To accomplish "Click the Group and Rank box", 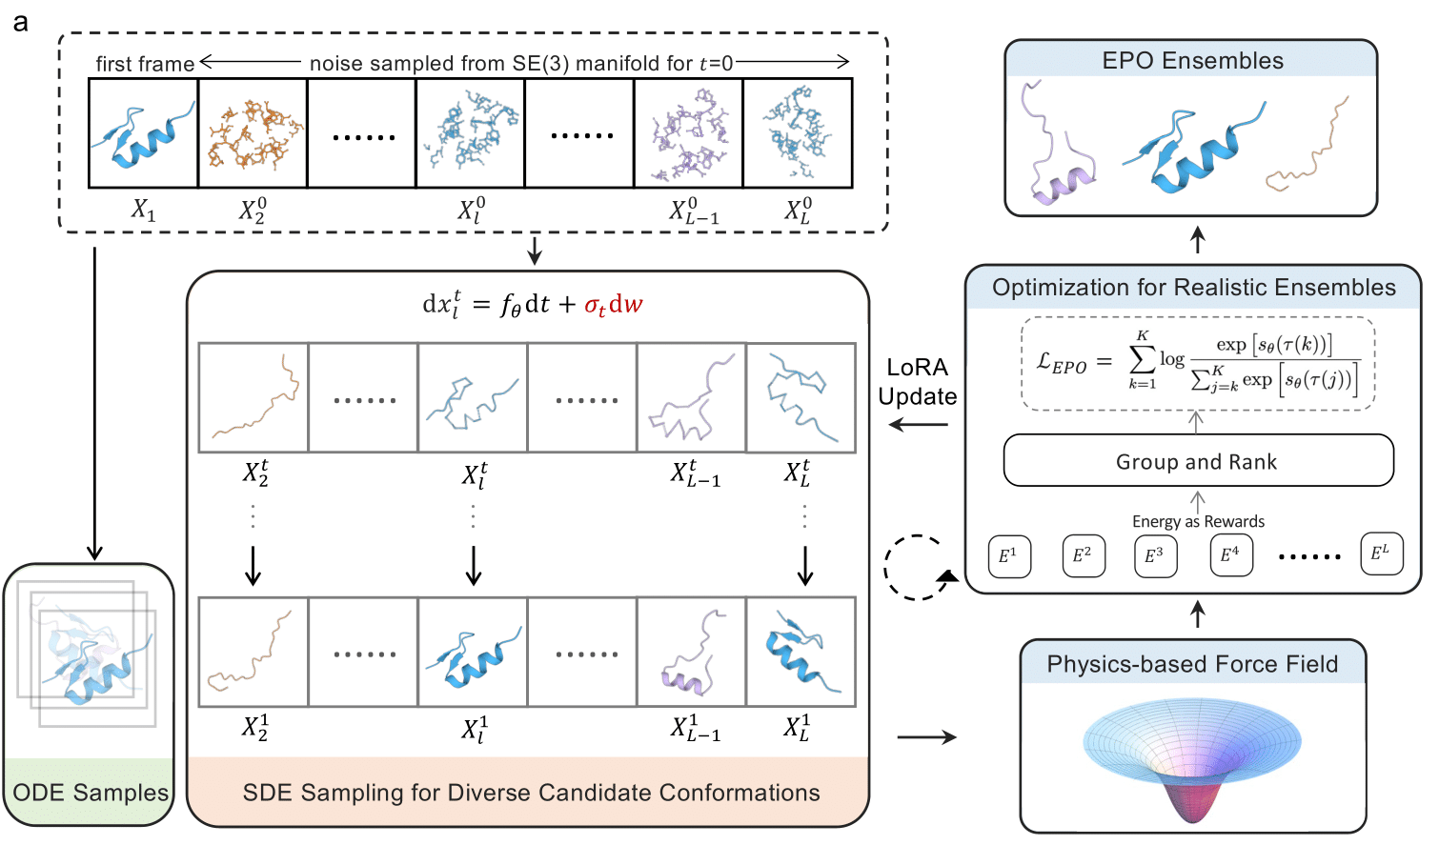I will tap(1198, 461).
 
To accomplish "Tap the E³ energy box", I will tap(1155, 555).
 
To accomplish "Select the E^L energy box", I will tap(1381, 553).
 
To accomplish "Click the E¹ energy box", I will tap(1008, 555).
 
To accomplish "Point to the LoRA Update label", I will tap(918, 382).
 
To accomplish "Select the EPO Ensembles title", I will tap(1192, 61).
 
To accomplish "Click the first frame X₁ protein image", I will tap(144, 133).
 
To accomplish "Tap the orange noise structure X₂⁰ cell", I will tap(253, 133).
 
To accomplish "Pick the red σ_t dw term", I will tap(614, 305).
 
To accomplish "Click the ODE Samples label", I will tap(91, 793).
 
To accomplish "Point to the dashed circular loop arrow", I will tap(915, 568).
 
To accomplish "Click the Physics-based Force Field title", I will tap(1192, 664).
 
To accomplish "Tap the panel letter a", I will tap(21, 22).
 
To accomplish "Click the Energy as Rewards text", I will tap(1198, 521).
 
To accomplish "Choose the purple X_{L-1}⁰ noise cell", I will tap(688, 133).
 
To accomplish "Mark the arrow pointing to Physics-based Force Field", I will tap(926, 736).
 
